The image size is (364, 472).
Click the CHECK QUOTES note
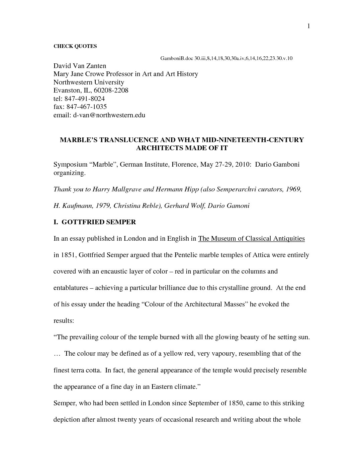coord(75,46)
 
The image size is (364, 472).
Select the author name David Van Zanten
coord(80,66)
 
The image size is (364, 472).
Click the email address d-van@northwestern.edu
coord(109,115)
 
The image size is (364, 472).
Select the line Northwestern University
coord(89,82)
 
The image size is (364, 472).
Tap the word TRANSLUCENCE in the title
coord(129,140)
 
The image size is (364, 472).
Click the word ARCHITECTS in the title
coord(156,148)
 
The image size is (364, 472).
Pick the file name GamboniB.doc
coord(177,58)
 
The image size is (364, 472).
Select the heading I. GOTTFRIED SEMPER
coord(95,222)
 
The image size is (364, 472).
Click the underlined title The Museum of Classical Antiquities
coord(252,238)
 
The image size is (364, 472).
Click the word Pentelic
coord(186,255)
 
